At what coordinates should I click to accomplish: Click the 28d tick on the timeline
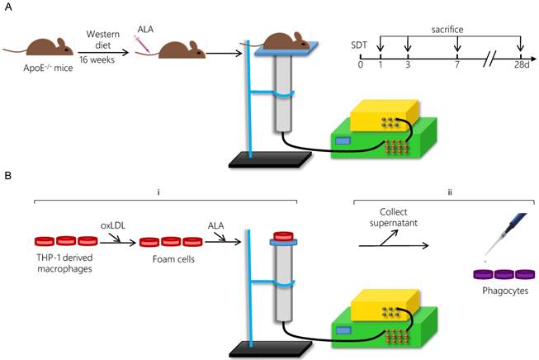click(x=520, y=64)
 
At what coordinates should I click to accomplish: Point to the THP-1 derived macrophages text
click(x=64, y=264)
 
